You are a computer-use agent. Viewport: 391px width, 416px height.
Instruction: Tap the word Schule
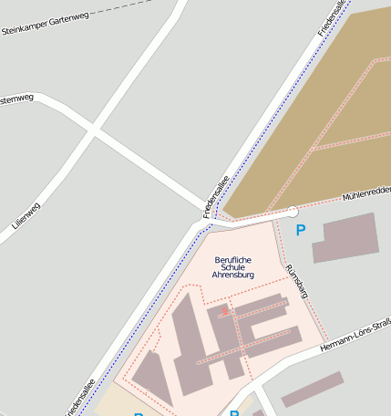tap(232, 267)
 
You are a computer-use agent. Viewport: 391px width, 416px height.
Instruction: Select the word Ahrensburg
tap(232, 275)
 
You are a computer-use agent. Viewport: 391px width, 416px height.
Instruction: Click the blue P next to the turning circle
tap(301, 231)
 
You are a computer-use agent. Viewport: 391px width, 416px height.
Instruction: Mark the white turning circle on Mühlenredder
tap(292, 213)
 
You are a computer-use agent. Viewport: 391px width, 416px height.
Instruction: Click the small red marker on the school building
tap(225, 310)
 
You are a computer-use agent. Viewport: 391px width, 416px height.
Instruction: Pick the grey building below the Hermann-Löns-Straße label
tap(313, 389)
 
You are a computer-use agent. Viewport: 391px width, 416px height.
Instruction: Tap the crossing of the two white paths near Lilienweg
tap(93, 131)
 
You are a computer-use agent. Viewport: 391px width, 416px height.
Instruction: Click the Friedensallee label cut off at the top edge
tap(332, 18)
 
